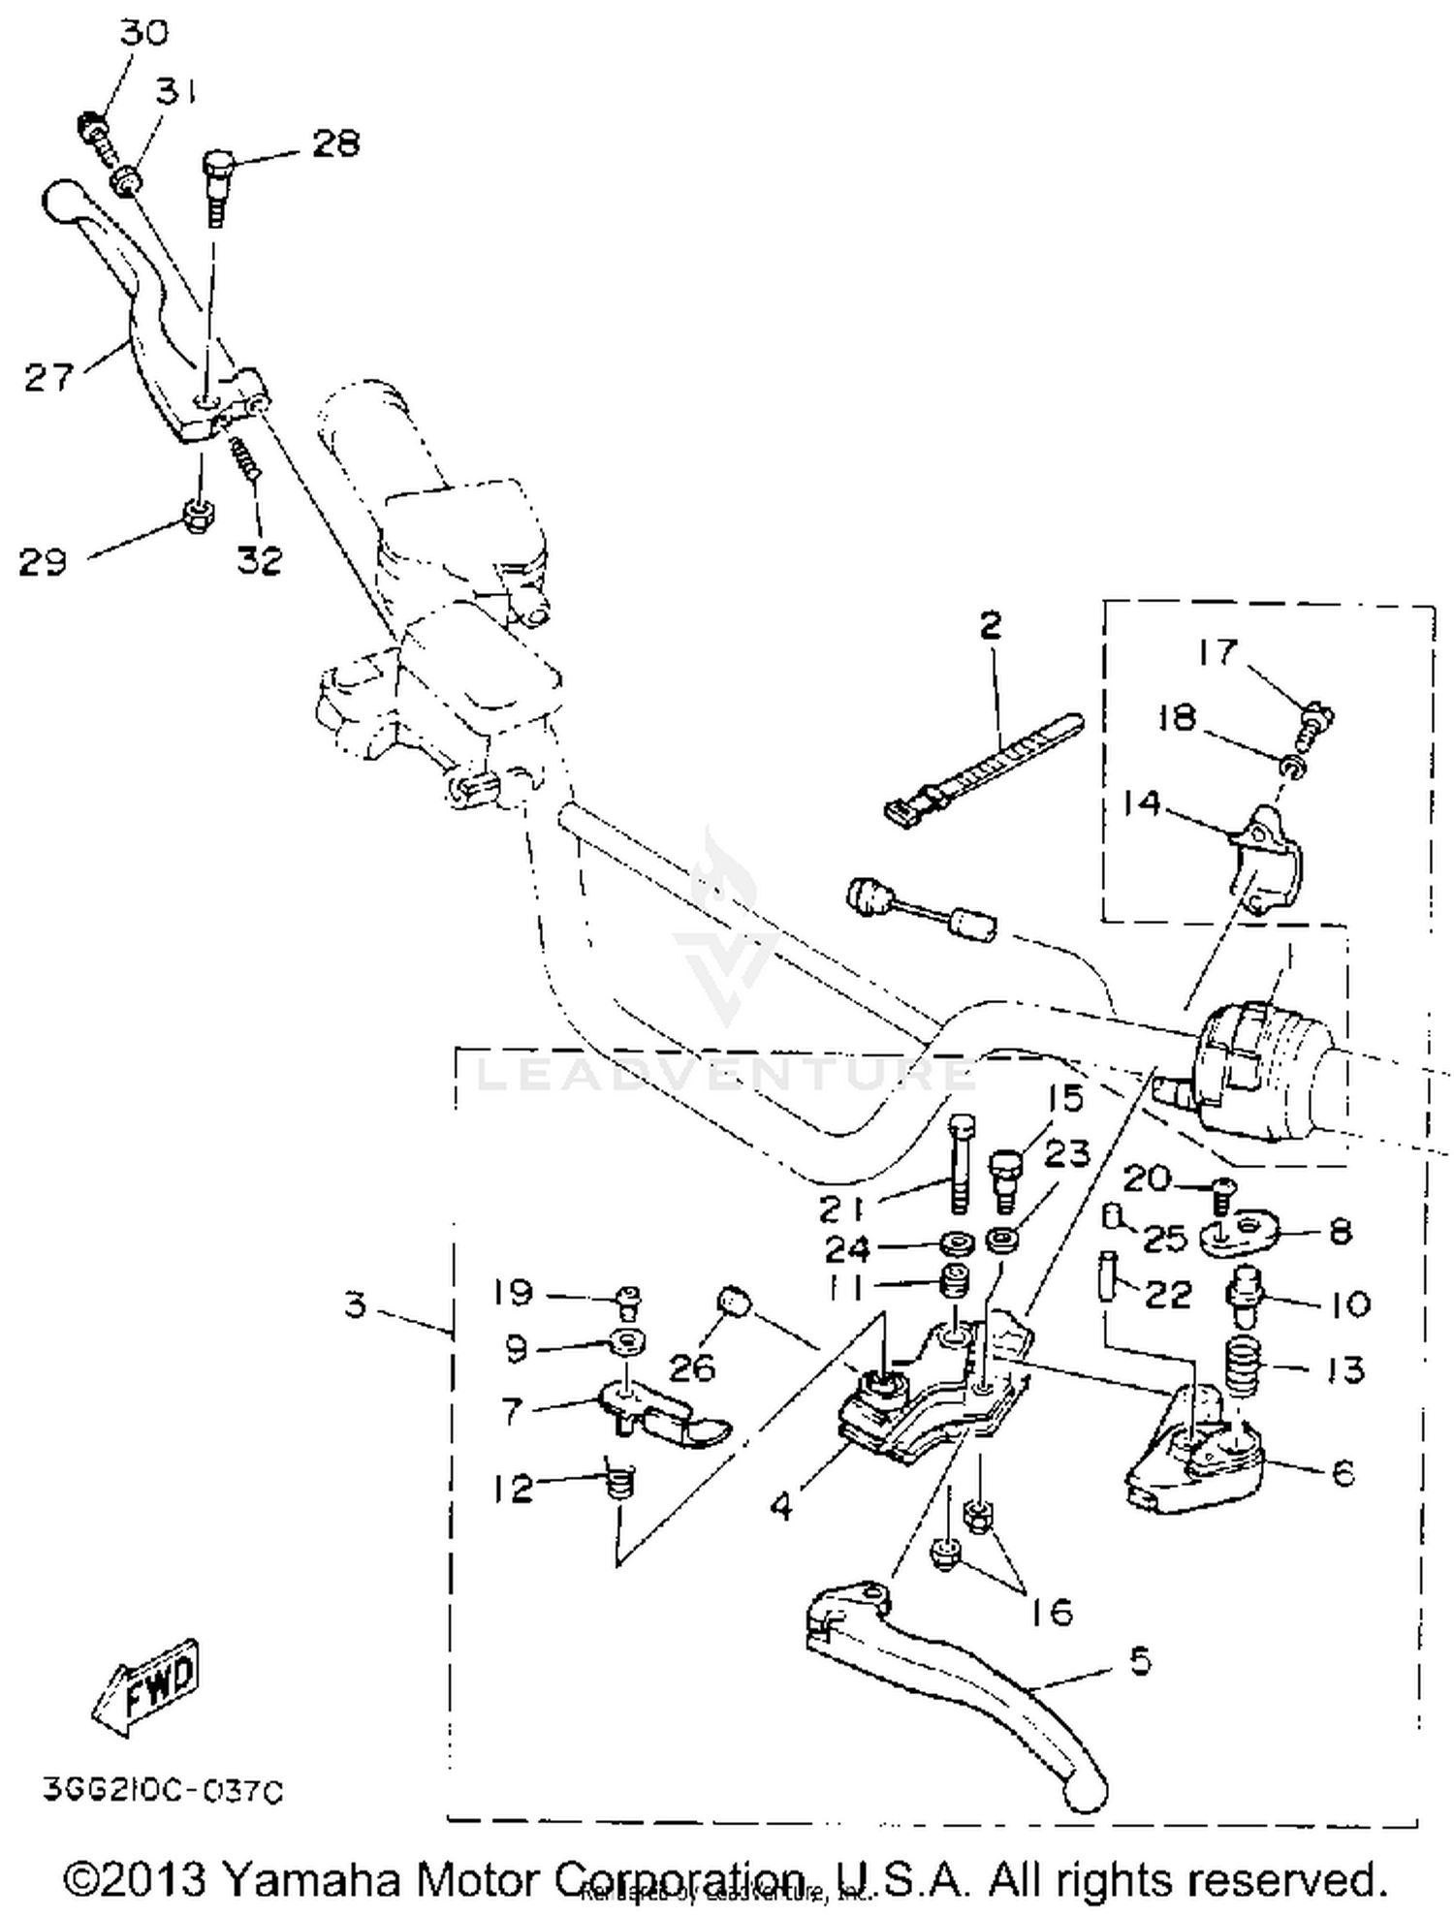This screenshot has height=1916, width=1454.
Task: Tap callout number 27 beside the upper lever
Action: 48,377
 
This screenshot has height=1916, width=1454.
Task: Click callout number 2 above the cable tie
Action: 990,626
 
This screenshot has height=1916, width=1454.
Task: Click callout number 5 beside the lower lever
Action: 1141,1661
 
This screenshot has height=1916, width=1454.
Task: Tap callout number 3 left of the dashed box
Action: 356,1304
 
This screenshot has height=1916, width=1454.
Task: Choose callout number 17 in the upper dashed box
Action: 1217,651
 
